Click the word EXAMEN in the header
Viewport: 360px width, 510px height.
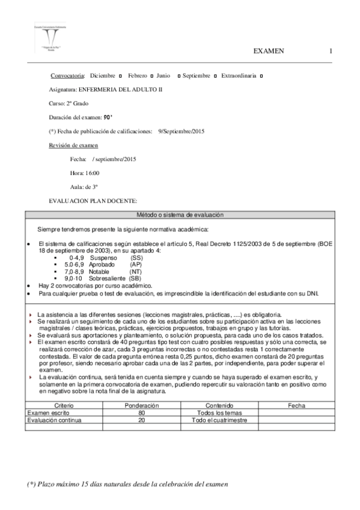[x=270, y=51]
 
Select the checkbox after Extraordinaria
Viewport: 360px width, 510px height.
[x=267, y=76]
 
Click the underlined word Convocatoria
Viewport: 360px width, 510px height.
[x=68, y=76]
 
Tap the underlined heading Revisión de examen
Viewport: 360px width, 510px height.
[x=74, y=146]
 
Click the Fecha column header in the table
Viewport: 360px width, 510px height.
[x=296, y=406]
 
